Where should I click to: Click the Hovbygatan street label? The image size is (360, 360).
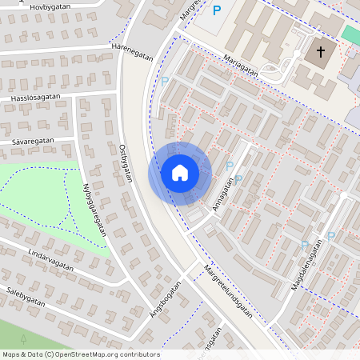(x=50, y=8)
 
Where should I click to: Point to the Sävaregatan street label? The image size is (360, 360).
(x=33, y=141)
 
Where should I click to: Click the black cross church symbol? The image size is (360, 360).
(x=321, y=53)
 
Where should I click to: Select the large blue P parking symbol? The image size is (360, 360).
(x=217, y=10)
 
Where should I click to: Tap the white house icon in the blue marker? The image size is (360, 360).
(x=179, y=173)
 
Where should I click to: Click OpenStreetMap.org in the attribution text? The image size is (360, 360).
(x=85, y=354)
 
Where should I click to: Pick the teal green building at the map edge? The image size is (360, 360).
(x=351, y=34)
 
